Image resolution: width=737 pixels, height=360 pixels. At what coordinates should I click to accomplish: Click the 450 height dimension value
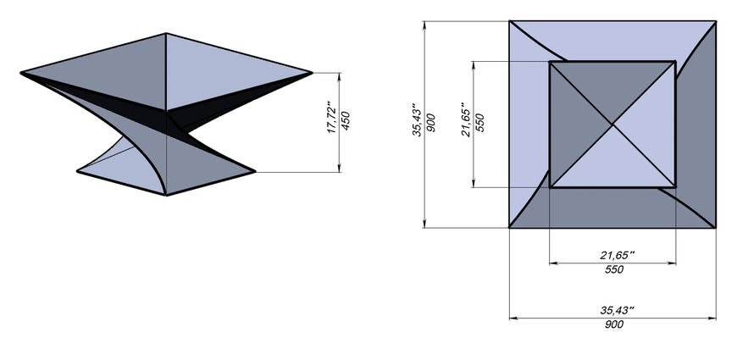pos(345,121)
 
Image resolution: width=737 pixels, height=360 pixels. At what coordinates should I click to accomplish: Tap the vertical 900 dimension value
pos(430,123)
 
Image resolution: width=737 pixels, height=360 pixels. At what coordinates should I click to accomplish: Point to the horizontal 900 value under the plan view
pos(614,324)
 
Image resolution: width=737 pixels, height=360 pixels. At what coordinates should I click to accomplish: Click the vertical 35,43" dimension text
pos(418,120)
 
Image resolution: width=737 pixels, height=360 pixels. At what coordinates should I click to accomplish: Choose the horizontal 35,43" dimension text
pos(618,310)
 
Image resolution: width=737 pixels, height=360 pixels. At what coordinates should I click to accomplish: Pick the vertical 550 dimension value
pos(479,123)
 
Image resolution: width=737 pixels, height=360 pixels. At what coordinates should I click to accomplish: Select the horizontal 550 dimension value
pos(614,269)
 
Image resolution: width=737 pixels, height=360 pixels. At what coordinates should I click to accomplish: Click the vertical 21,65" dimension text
pos(467,119)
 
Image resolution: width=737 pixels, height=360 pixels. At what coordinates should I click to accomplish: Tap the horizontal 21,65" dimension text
pos(618,255)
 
